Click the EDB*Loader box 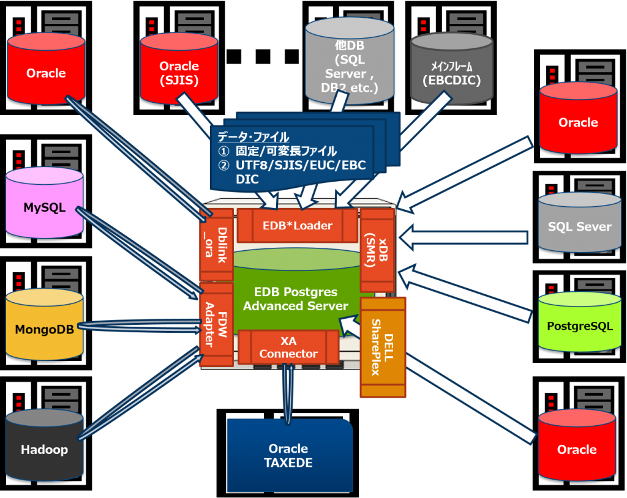(297, 225)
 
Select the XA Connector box (288, 347)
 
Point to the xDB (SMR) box (377, 250)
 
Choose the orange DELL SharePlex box (383, 346)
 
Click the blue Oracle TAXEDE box (288, 455)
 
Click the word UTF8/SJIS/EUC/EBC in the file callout (300, 165)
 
